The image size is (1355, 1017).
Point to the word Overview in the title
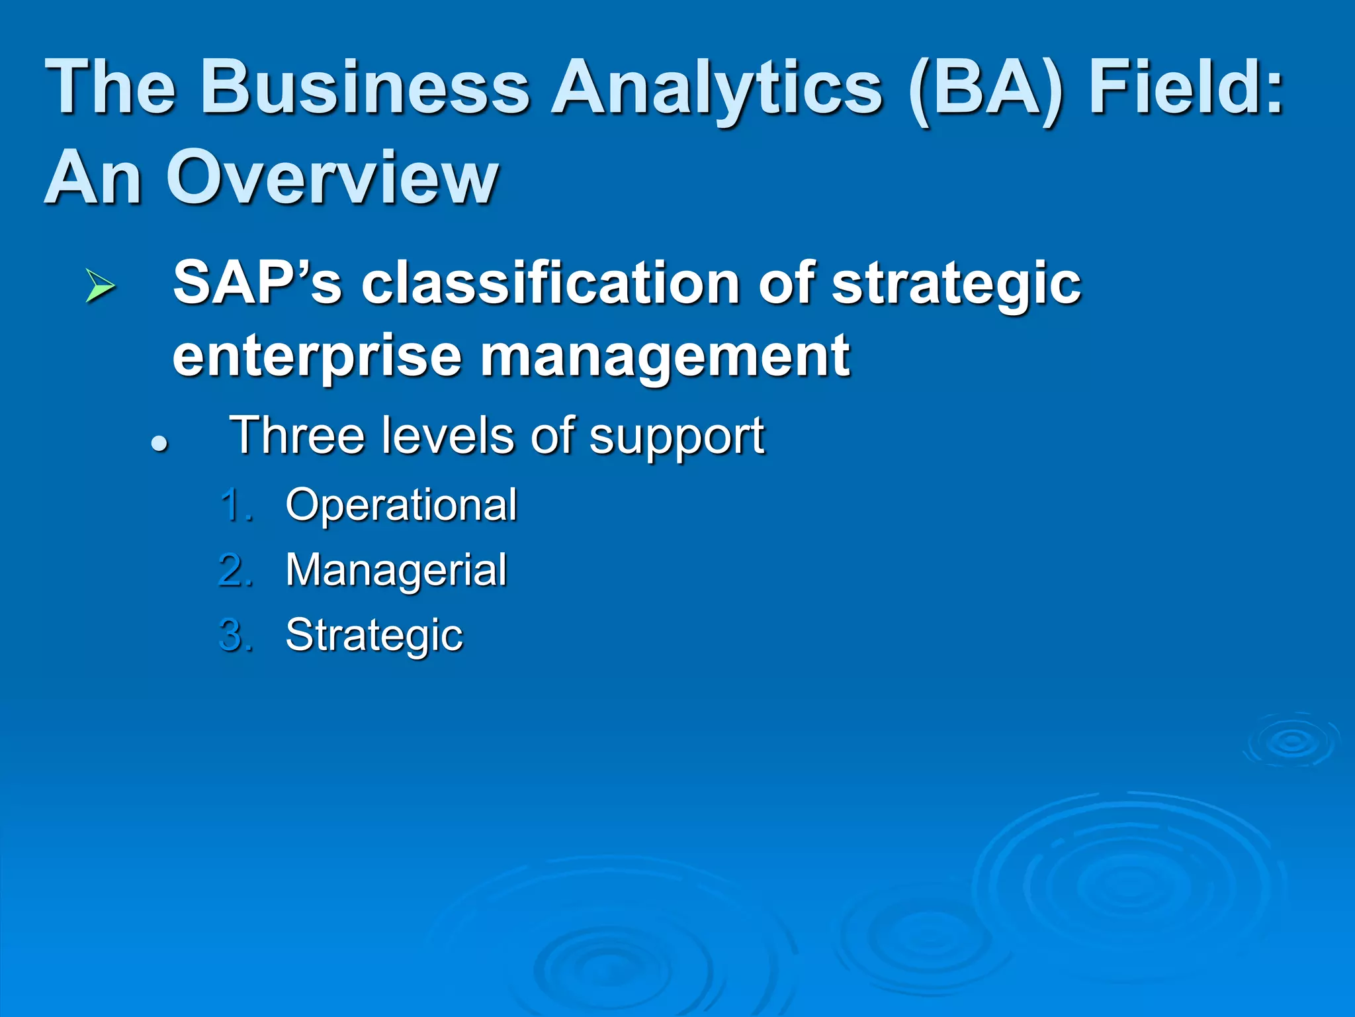click(331, 177)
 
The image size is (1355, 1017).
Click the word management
click(664, 358)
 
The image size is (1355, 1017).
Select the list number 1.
click(235, 505)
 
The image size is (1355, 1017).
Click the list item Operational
click(401, 505)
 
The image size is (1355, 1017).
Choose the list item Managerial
click(396, 570)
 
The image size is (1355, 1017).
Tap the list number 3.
click(235, 635)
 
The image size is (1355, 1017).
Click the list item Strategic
click(374, 635)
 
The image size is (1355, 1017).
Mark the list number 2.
click(235, 570)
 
